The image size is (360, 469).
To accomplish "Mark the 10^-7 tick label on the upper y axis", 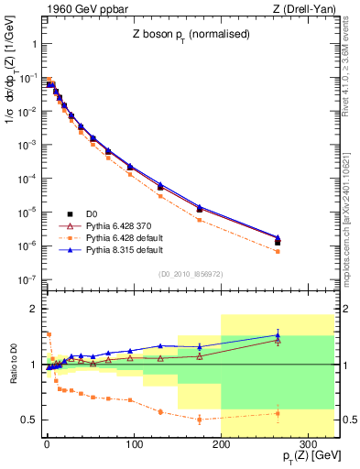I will point(27,278).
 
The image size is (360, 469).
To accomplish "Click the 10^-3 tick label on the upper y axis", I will point(27,145).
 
